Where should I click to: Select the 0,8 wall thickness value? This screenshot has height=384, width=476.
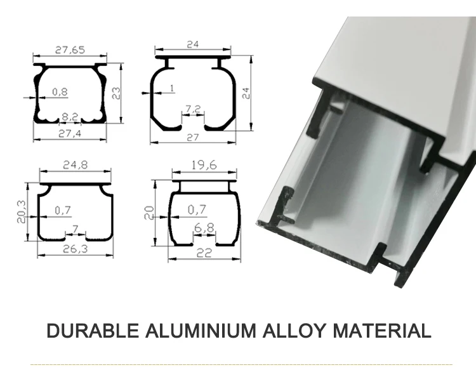coord(60,92)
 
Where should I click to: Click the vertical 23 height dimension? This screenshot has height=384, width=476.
coord(117,92)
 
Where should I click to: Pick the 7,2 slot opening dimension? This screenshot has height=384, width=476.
coord(194,109)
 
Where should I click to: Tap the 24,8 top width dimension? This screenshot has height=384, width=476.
coord(75,165)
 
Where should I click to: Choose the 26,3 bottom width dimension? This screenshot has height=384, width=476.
coord(76,249)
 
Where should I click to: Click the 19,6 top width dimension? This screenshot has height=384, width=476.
coord(204,165)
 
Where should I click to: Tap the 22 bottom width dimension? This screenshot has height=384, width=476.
coord(204,253)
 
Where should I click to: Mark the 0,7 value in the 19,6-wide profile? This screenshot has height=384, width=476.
coord(198,209)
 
